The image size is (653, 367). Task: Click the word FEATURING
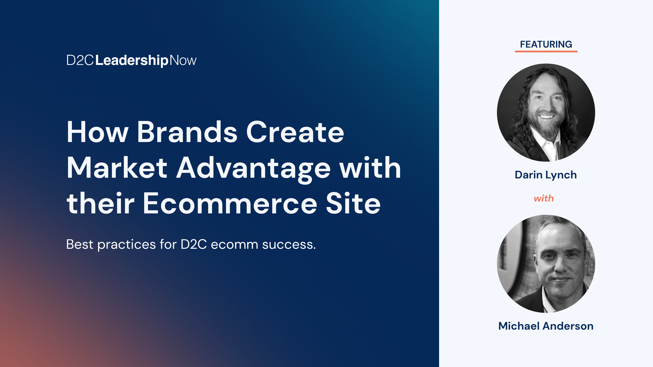546,44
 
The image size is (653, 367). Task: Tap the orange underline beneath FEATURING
546,51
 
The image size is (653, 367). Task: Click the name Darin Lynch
546,175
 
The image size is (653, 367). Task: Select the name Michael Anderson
546,326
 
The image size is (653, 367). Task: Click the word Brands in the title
187,132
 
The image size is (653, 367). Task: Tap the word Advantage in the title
254,170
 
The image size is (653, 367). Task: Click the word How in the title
97,132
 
